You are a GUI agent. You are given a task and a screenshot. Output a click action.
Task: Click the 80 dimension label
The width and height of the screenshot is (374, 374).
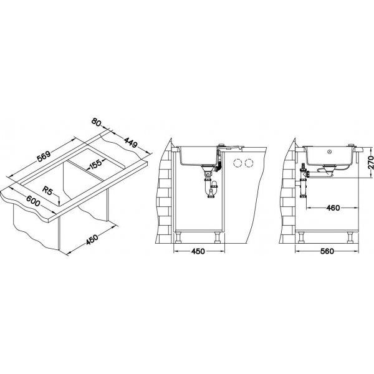97,122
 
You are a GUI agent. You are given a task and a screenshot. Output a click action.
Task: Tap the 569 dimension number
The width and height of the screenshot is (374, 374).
44,156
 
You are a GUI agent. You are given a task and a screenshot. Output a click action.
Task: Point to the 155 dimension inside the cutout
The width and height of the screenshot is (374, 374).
95,164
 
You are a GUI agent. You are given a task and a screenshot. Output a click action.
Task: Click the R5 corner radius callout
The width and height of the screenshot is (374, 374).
47,191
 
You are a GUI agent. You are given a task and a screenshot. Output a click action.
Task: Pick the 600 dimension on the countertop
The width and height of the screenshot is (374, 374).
32,201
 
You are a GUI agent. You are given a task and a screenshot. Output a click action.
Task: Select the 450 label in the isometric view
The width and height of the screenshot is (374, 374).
92,239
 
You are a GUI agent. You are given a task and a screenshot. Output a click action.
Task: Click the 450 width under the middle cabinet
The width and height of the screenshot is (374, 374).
198,251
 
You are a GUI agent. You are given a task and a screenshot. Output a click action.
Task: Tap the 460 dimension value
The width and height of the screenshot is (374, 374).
333,208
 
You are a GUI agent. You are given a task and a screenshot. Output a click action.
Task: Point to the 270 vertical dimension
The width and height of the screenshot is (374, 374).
370,163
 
